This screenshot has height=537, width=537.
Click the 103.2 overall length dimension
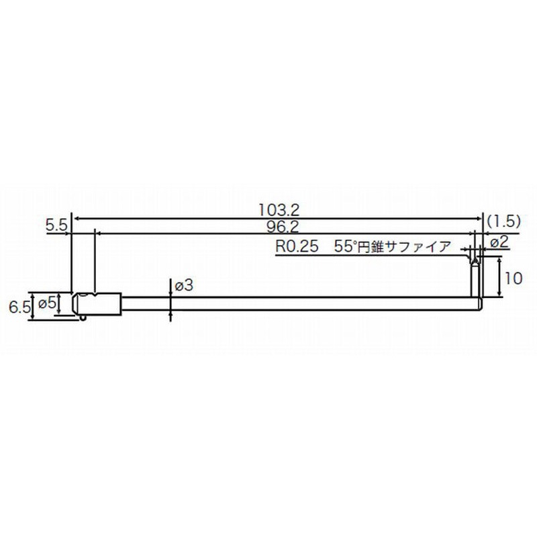[x=278, y=210]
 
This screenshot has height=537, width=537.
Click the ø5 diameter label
[x=46, y=303]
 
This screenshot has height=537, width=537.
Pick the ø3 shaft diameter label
[x=184, y=286]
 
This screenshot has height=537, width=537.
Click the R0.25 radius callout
[x=295, y=246]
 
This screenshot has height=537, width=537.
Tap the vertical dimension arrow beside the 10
[x=500, y=279]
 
